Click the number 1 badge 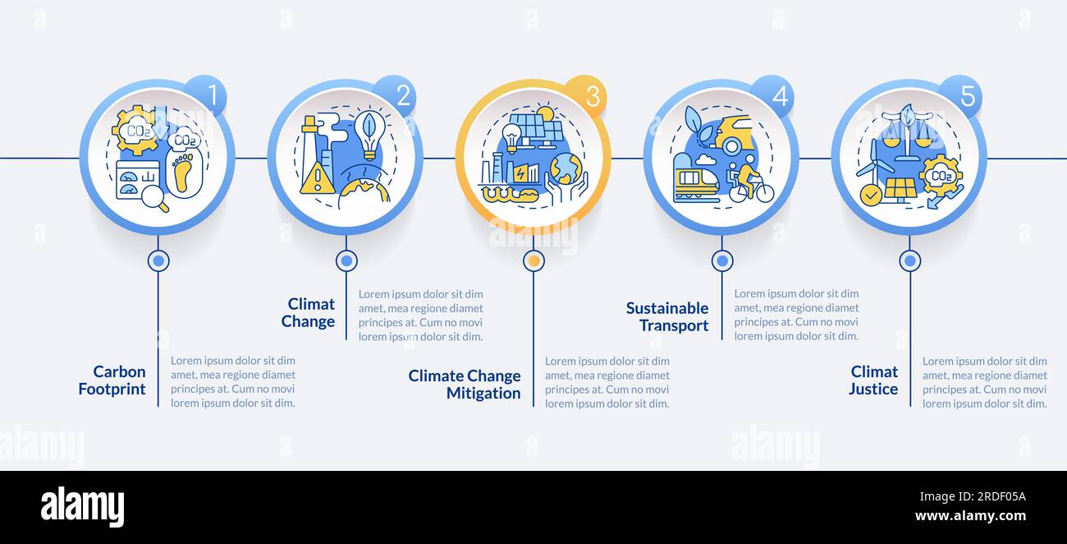coord(206,95)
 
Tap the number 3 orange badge coord(585,95)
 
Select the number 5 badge coord(961,95)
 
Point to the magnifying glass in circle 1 coord(155,198)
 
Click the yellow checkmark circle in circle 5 coord(871,195)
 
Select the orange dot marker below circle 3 coord(534,260)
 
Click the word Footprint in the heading coord(112,389)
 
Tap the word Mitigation coord(483,394)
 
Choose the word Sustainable coord(666,308)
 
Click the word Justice coord(873,389)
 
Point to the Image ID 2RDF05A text coord(973,497)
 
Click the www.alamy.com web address coord(970,516)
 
